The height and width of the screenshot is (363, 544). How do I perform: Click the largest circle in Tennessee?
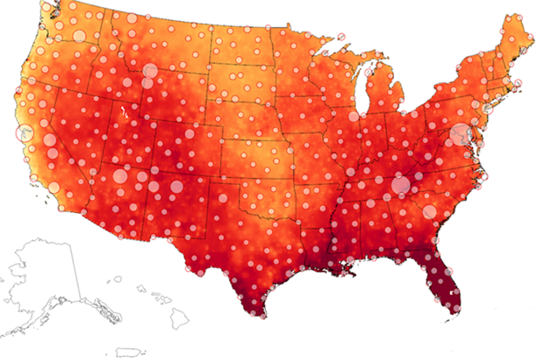(401, 185)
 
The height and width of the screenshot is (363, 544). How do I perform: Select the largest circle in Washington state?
(75, 37)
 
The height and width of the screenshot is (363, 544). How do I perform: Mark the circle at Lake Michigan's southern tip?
(354, 116)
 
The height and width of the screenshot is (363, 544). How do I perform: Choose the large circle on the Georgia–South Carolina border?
(430, 211)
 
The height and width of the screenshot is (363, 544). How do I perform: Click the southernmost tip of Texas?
(254, 312)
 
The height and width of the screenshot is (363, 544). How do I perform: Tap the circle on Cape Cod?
(519, 82)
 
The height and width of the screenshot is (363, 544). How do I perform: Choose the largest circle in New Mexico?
(176, 186)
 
